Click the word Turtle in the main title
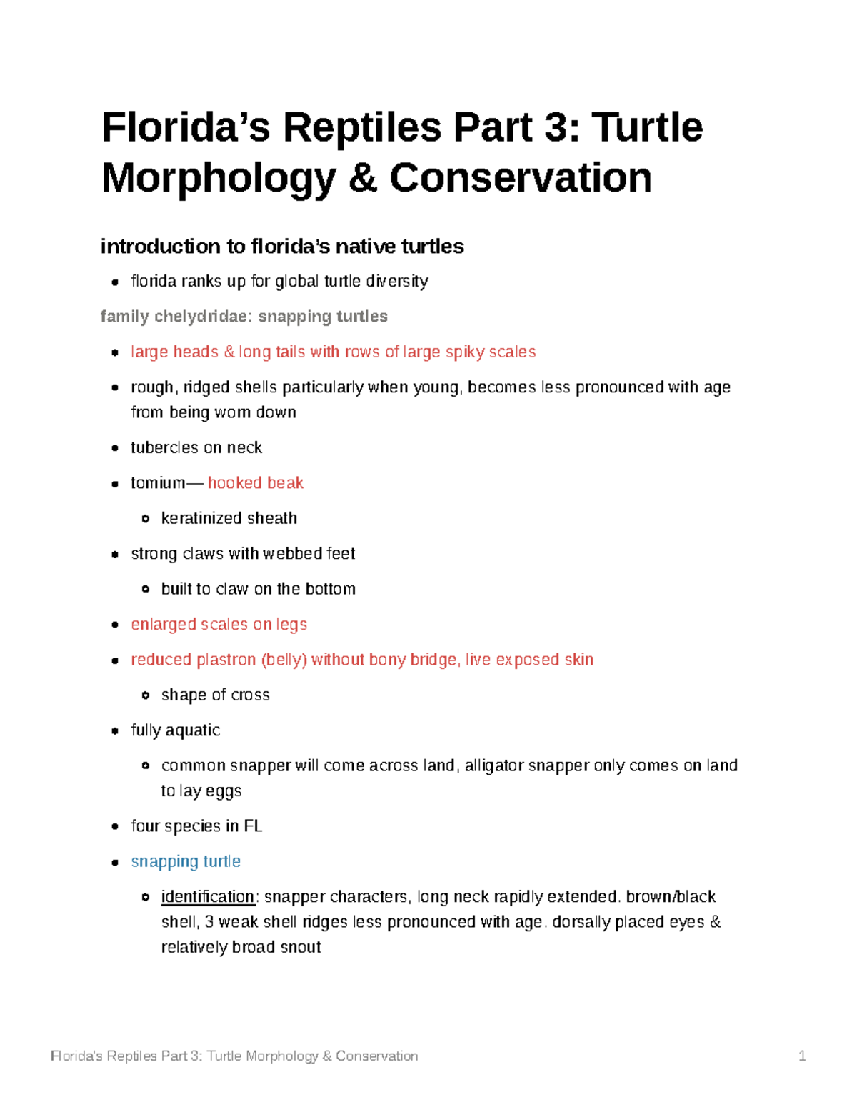coord(647,127)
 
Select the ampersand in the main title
coord(363,178)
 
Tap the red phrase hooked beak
coord(255,483)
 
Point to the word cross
coord(251,695)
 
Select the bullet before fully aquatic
coord(115,731)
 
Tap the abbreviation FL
coord(253,826)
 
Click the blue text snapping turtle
coord(186,861)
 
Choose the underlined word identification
coord(207,897)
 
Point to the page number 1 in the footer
coord(802,1056)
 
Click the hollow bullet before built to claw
coord(146,589)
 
